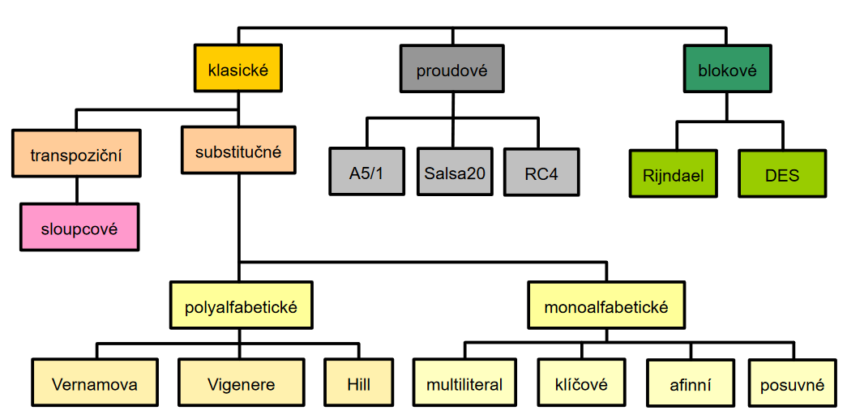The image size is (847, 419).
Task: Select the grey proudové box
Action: click(x=451, y=70)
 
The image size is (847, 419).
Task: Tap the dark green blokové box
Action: click(x=726, y=70)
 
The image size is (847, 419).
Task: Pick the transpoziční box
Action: click(x=76, y=153)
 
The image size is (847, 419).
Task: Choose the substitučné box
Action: click(x=237, y=151)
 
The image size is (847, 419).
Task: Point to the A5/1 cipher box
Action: click(x=367, y=173)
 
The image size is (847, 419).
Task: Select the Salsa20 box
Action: click(x=455, y=173)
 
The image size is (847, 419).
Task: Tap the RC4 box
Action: click(x=541, y=173)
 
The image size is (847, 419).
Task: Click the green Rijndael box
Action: click(x=674, y=174)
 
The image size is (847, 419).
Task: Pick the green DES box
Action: click(x=782, y=174)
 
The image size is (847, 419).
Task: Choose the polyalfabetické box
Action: click(x=241, y=306)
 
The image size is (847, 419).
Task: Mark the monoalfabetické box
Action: click(x=605, y=306)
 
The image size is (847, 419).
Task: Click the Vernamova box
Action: click(x=94, y=384)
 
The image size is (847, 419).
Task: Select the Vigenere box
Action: click(x=241, y=384)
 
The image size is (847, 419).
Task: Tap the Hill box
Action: click(x=357, y=384)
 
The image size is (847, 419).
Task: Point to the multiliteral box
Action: click(x=464, y=384)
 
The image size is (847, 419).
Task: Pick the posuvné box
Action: click(x=791, y=384)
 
